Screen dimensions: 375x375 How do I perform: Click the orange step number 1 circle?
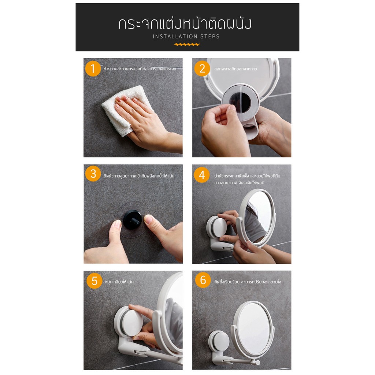(93, 68)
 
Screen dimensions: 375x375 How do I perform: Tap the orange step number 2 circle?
(202, 68)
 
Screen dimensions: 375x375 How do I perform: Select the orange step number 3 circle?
(93, 174)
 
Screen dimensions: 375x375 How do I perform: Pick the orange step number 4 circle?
(202, 175)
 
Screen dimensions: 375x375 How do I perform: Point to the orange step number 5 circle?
(94, 281)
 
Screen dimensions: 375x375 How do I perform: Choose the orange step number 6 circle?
(203, 280)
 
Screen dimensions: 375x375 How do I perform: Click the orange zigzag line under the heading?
(187, 44)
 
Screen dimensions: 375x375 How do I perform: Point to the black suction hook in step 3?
(132, 220)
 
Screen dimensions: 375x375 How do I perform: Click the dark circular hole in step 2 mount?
(240, 103)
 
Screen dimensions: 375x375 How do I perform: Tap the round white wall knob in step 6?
(219, 341)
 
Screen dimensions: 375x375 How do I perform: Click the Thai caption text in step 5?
(119, 282)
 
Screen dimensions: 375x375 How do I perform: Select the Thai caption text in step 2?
(235, 69)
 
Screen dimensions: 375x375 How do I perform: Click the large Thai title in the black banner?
(185, 23)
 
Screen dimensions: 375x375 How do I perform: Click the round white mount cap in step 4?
(219, 227)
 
